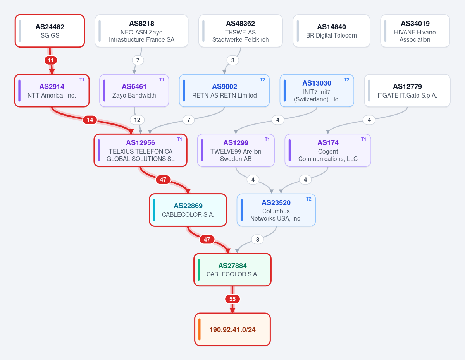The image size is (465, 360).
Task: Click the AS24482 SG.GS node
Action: click(x=50, y=31)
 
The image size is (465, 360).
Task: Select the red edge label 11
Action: click(x=51, y=60)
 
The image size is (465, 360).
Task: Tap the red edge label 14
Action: click(x=90, y=120)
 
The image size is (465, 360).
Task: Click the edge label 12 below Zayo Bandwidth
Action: click(x=137, y=120)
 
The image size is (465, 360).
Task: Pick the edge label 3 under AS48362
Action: click(x=233, y=60)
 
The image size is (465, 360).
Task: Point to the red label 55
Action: click(x=232, y=299)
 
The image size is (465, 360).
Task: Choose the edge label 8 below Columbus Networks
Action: click(x=257, y=240)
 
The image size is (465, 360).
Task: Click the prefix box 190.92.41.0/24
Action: click(x=232, y=329)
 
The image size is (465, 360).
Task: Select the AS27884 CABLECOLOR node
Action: click(x=232, y=270)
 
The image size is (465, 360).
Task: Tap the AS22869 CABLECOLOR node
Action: click(x=188, y=210)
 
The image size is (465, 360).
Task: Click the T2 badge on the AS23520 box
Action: click(x=308, y=199)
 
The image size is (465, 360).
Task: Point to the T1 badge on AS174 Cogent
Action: click(x=363, y=139)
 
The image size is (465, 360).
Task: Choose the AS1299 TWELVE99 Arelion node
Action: click(x=236, y=150)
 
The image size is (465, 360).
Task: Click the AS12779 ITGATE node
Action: click(x=407, y=91)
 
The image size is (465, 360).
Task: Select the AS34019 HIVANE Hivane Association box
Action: click(x=415, y=31)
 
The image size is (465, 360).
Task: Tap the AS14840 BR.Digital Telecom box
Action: click(x=331, y=31)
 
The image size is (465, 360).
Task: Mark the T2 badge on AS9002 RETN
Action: click(x=263, y=80)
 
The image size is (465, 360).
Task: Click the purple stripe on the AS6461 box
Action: click(x=104, y=91)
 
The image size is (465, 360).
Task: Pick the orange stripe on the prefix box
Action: click(x=200, y=329)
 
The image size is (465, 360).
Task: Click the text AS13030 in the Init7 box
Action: click(x=317, y=83)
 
